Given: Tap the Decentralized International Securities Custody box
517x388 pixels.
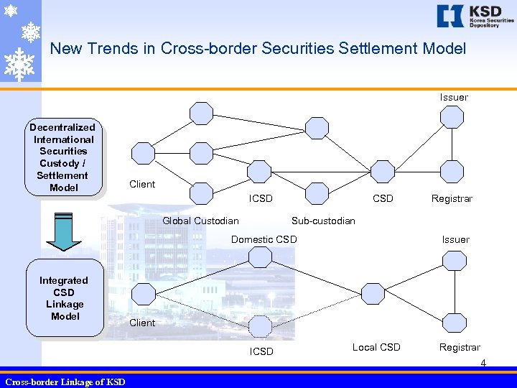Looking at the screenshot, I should click(62, 157).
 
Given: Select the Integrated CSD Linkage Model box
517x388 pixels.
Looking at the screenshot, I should click(65, 298).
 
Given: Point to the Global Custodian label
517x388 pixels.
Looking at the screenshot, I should click(200, 221).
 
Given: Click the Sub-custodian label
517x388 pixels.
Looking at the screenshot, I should click(323, 221).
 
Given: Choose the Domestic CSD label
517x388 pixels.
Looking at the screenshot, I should click(264, 239).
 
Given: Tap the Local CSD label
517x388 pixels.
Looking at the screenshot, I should click(376, 347).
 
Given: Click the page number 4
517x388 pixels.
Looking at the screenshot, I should click(483, 363).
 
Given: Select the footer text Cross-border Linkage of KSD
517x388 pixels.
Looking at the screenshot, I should click(65, 382).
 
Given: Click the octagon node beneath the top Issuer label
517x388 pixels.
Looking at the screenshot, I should click(452, 116).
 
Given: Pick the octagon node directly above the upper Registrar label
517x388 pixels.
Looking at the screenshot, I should click(452, 171).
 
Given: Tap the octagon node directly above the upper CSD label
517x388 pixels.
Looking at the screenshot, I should click(383, 171).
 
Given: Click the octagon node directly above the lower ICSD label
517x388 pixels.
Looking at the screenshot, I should click(261, 326).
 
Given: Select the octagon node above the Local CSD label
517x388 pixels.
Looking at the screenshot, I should click(373, 292).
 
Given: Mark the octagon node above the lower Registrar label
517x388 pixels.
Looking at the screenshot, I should click(455, 323).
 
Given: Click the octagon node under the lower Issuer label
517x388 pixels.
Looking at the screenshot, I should click(455, 259).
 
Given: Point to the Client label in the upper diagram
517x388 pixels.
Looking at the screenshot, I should click(142, 184).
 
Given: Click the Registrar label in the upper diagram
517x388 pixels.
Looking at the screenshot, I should click(452, 198).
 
